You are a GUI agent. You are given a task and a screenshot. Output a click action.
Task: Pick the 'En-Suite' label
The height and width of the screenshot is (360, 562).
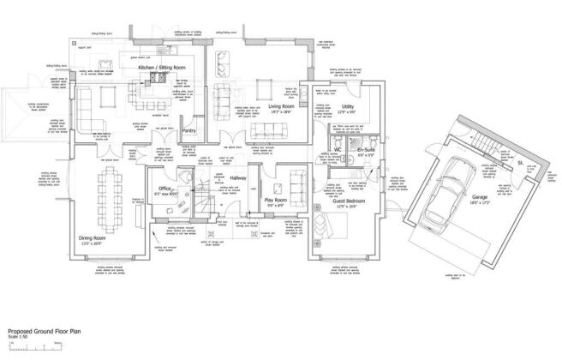pos(366,150)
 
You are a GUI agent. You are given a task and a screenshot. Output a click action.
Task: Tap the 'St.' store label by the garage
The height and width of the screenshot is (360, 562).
pos(520,160)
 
